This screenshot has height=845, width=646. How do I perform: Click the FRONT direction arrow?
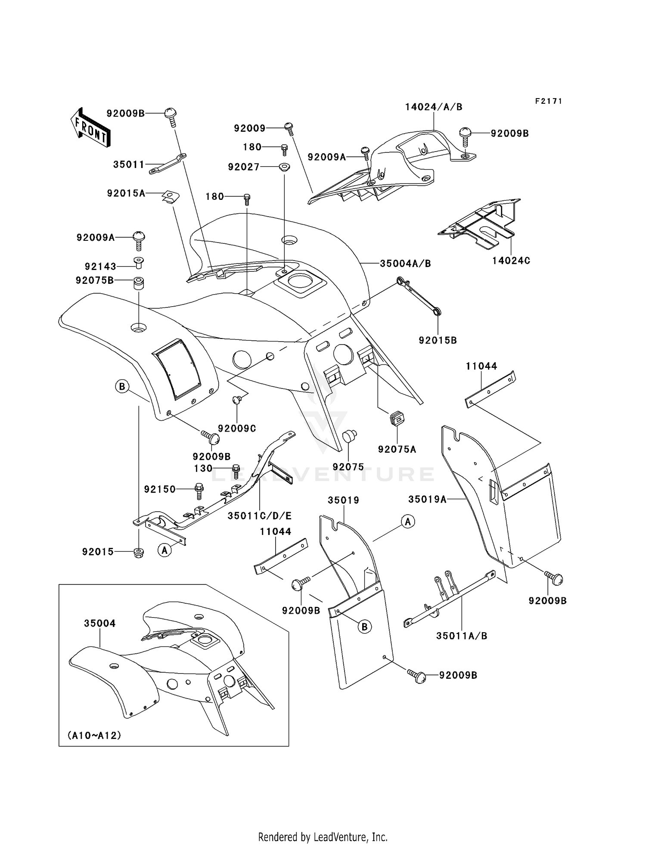click(x=90, y=127)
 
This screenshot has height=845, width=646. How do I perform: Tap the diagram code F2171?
click(x=548, y=101)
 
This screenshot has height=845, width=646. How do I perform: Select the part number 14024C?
click(x=511, y=261)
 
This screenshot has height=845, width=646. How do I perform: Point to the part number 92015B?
click(x=438, y=340)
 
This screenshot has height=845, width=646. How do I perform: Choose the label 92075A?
click(x=397, y=449)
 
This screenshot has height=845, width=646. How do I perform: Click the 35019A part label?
click(x=427, y=499)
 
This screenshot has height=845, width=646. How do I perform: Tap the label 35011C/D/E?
click(x=260, y=516)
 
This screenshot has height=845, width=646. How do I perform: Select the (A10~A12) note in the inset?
click(x=94, y=735)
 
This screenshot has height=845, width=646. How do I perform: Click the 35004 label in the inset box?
click(x=99, y=623)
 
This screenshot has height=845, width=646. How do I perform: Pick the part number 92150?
click(x=160, y=489)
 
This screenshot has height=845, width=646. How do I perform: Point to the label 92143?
click(x=100, y=267)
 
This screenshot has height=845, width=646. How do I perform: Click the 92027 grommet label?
click(x=244, y=167)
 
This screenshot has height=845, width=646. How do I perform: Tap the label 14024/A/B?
click(x=433, y=107)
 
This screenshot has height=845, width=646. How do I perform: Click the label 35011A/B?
click(x=461, y=636)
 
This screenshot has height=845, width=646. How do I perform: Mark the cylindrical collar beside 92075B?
click(x=138, y=284)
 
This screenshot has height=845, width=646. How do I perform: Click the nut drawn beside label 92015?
click(x=139, y=552)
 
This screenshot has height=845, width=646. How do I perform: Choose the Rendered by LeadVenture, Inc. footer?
click(x=323, y=837)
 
